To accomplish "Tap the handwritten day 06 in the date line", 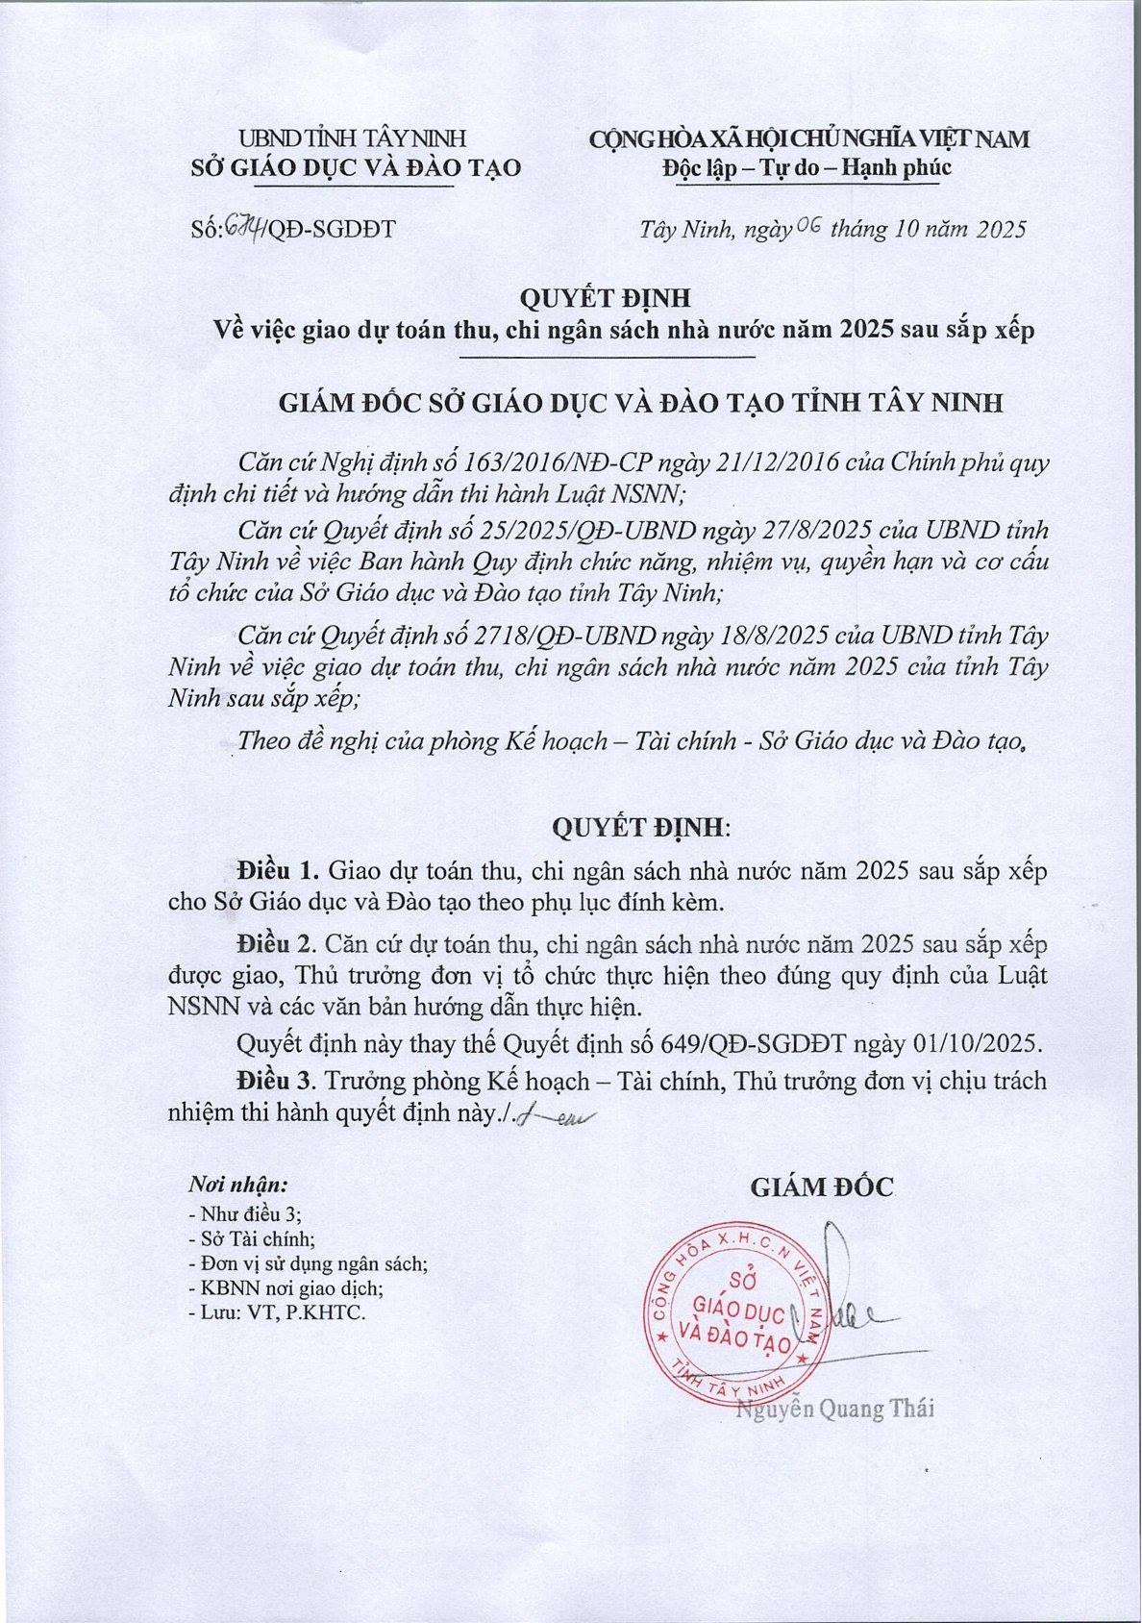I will click(x=805, y=227).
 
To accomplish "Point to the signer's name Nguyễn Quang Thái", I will click(x=834, y=1410).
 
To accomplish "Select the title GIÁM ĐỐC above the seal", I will click(x=821, y=1187).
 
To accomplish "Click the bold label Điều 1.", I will click(x=278, y=872).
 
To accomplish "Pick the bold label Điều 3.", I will click(x=278, y=1081).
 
